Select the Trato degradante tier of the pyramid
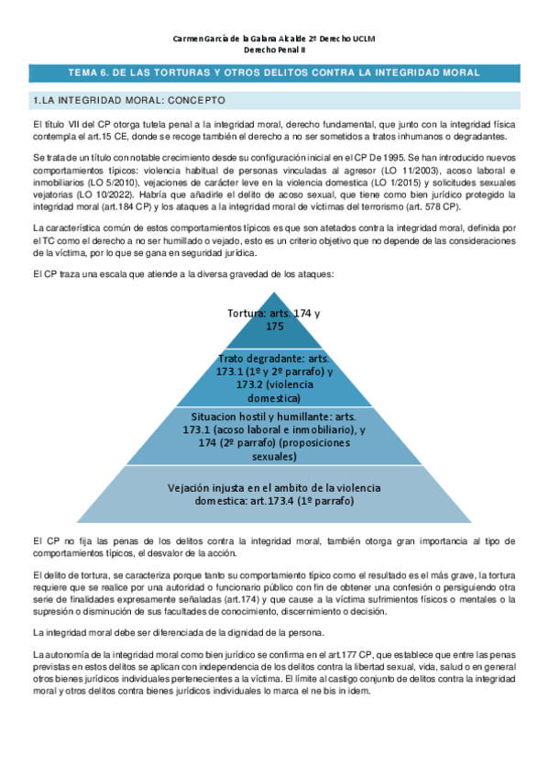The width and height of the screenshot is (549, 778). click(275, 377)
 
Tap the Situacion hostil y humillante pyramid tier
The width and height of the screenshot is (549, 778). click(275, 436)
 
